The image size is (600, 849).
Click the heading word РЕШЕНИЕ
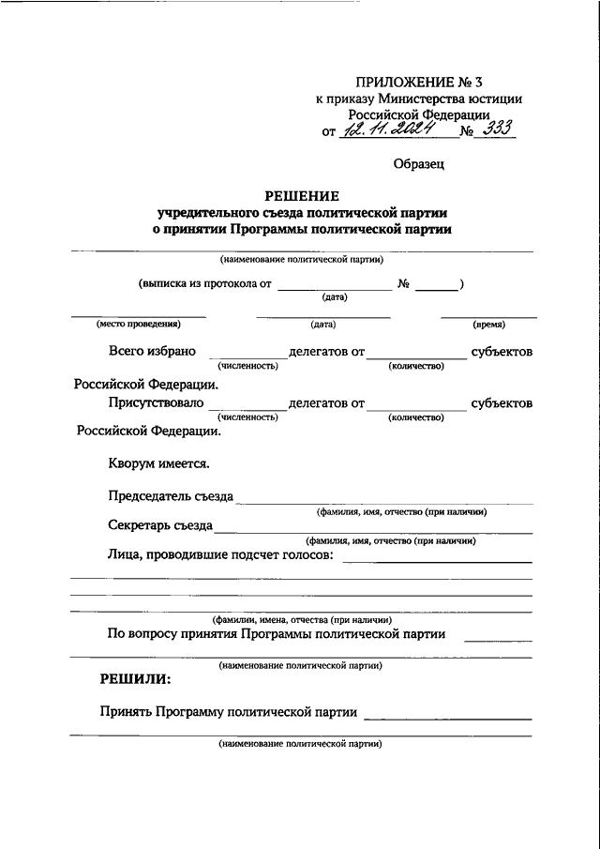click(x=301, y=195)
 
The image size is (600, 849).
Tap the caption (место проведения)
click(x=138, y=325)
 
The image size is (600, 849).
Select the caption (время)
click(x=489, y=325)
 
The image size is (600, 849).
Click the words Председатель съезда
click(x=171, y=496)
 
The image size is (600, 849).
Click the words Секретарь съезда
click(x=159, y=526)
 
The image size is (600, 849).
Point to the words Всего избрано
click(x=152, y=352)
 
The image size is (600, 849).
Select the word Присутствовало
click(x=156, y=403)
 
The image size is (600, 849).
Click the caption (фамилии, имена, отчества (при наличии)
click(x=301, y=620)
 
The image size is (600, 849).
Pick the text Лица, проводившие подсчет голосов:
click(x=220, y=556)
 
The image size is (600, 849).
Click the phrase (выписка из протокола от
click(x=205, y=282)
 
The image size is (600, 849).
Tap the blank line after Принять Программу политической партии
click(x=447, y=718)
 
